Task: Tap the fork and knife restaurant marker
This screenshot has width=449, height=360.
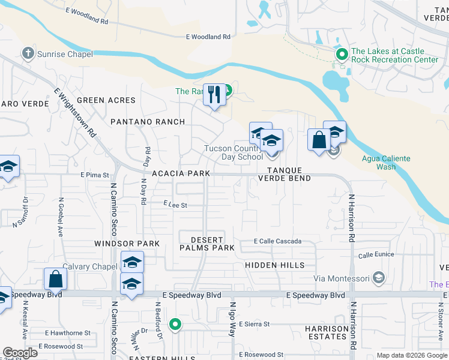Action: point(214,95)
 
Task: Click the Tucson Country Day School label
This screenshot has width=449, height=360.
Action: point(234,152)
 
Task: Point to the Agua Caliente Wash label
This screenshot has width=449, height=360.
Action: point(387,163)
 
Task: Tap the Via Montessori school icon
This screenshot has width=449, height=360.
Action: point(378,278)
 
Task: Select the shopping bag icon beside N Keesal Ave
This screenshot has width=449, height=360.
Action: point(55,279)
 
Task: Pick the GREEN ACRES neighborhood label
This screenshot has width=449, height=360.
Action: point(106,100)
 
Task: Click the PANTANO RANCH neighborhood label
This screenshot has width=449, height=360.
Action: point(148,122)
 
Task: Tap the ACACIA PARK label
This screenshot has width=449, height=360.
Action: point(181,173)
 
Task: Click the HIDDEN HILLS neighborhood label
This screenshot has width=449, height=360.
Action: point(275,265)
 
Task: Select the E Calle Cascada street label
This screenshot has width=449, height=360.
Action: point(277,242)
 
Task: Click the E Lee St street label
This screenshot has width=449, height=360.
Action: point(176,205)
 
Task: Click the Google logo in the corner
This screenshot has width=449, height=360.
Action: point(20,353)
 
